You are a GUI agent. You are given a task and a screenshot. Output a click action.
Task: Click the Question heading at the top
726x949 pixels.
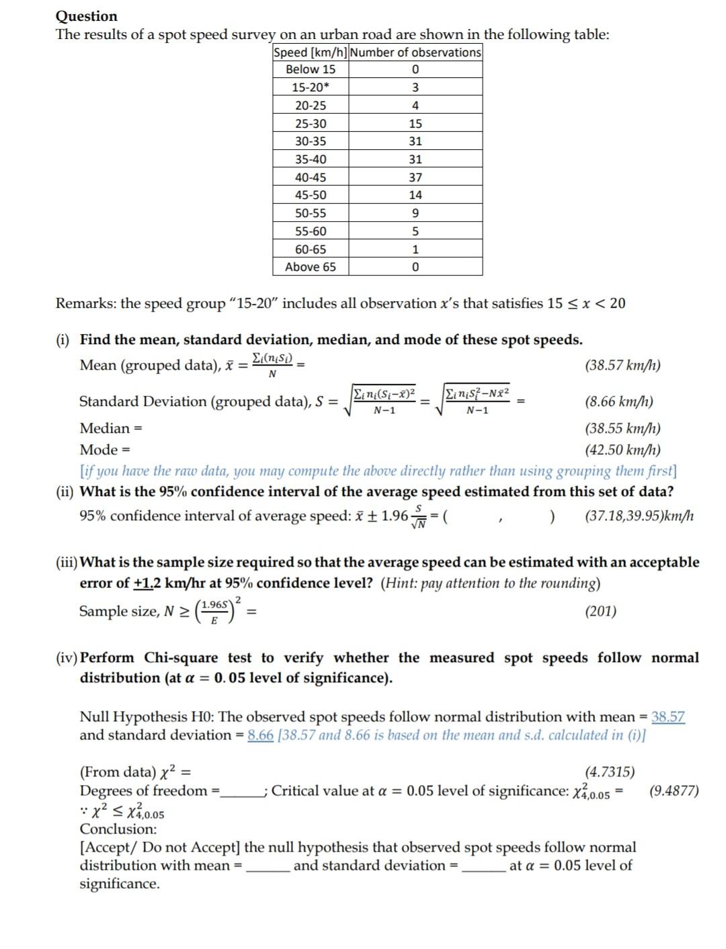[86, 16]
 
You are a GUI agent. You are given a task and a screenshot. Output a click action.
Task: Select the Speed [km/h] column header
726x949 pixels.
[311, 52]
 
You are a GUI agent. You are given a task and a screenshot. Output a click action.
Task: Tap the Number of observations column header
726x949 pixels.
[415, 52]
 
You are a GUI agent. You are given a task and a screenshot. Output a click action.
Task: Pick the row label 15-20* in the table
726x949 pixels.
[311, 87]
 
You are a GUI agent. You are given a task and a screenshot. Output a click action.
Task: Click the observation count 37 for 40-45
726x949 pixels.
[415, 177]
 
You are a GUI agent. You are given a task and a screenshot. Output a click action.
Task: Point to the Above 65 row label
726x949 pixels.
[311, 267]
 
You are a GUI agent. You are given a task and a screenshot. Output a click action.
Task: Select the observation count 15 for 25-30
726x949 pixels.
[415, 124]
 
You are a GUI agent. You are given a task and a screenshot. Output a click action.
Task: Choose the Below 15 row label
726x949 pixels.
[311, 69]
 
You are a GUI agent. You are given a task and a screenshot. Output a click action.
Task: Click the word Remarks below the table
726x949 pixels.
[83, 304]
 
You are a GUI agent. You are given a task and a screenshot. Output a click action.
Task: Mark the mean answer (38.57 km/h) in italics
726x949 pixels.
[622, 366]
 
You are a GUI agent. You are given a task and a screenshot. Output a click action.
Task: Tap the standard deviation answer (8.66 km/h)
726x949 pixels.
[618, 402]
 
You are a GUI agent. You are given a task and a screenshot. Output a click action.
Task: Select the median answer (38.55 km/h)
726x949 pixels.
[622, 428]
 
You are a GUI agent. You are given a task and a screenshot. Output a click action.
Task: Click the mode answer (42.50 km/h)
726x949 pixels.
[622, 450]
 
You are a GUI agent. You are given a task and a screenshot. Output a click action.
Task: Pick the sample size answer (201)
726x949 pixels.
[600, 611]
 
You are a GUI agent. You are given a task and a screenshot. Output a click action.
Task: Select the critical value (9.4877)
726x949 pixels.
[674, 790]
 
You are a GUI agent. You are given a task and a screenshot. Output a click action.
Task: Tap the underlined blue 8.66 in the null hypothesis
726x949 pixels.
[260, 735]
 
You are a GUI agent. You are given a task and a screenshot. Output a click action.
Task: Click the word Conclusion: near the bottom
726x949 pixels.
[118, 829]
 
